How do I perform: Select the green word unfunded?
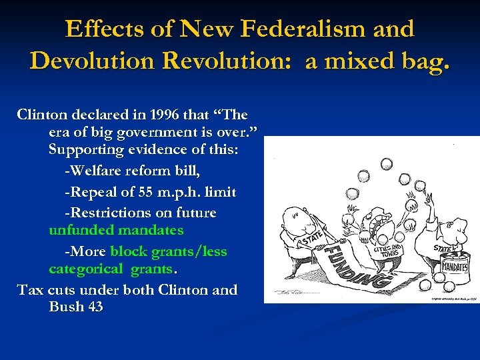(x=81, y=230)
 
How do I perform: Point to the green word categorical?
(x=86, y=269)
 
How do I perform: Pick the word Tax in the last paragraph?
(x=31, y=290)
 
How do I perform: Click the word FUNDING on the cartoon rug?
(x=352, y=267)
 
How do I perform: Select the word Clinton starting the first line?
(x=43, y=114)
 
